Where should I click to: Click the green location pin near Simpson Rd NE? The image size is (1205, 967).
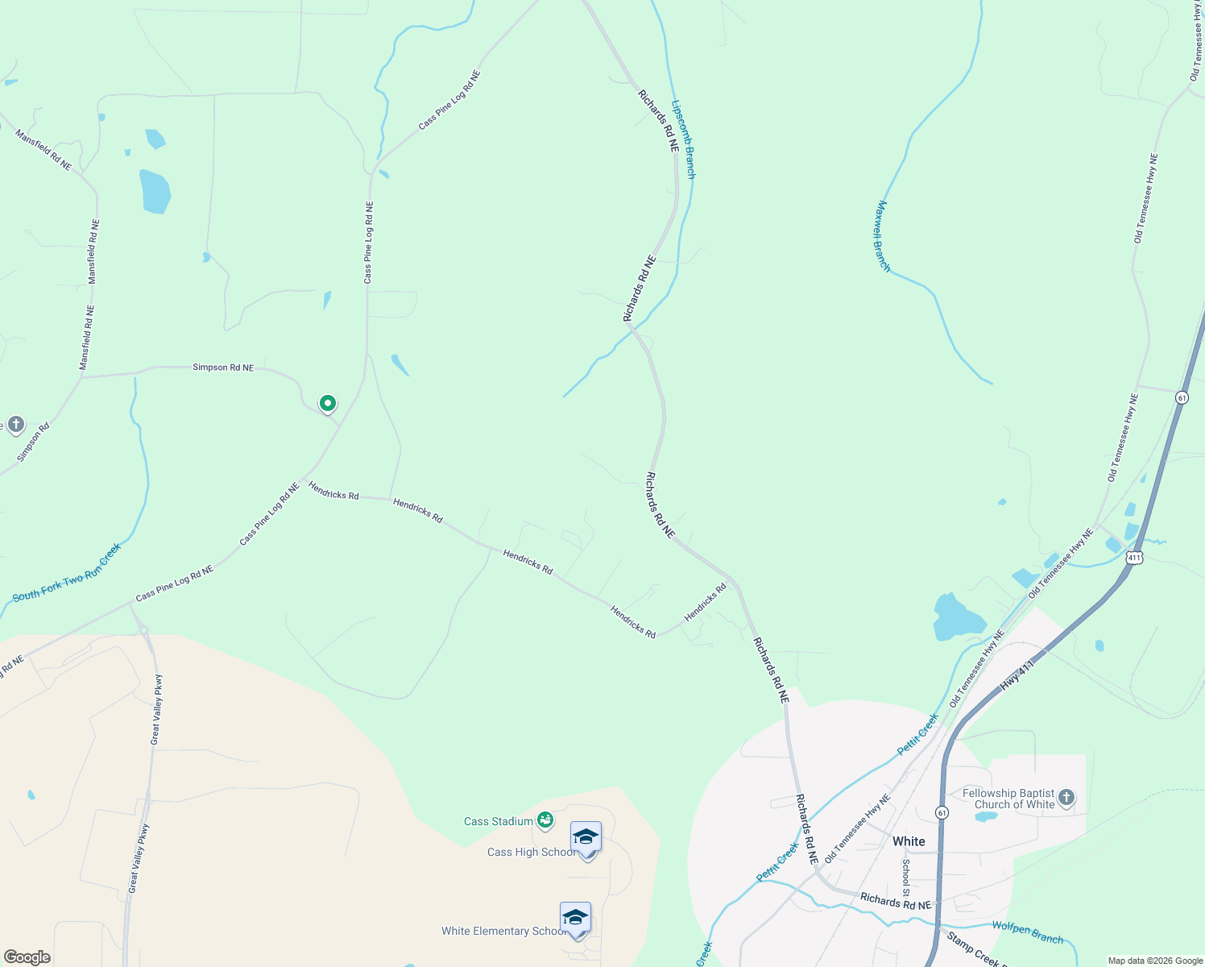[x=327, y=403]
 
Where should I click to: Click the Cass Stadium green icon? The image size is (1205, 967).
[x=545, y=820]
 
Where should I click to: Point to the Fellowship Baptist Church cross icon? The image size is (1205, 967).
[x=1066, y=798]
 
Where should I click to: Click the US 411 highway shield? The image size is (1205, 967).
[x=1134, y=558]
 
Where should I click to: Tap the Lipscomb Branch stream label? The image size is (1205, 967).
[x=683, y=139]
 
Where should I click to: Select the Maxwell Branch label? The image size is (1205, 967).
[x=883, y=236]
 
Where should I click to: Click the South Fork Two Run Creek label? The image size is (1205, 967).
[x=67, y=573]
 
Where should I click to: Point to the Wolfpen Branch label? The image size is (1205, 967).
[x=1027, y=932]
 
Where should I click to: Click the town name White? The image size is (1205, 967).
[x=909, y=841]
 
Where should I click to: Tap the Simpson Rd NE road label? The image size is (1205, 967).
[x=223, y=367]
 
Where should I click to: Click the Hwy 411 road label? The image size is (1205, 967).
[x=1017, y=674]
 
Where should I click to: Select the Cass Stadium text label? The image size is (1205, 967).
[x=499, y=821]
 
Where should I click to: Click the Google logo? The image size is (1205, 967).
[x=27, y=957]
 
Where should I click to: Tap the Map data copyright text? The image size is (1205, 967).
[x=1155, y=961]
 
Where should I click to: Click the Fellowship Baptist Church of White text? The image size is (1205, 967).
[x=1008, y=799]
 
